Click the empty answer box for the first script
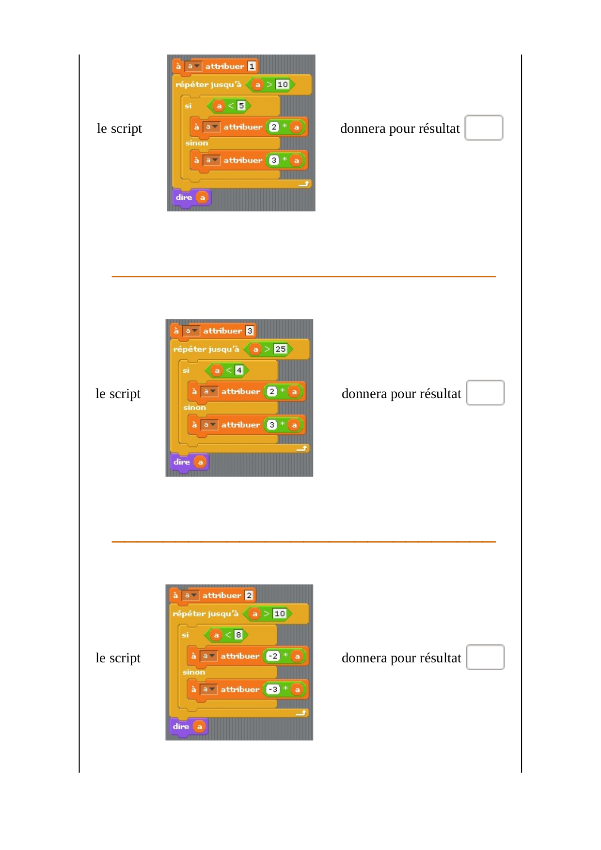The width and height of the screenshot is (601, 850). coord(484,128)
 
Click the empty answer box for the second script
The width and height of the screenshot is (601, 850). coord(485,393)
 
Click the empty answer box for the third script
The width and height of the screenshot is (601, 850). coord(485,658)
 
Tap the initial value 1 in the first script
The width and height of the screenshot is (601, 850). coord(252,66)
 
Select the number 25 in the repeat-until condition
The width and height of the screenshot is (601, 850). coord(280,349)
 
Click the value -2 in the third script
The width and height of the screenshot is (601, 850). coord(273,656)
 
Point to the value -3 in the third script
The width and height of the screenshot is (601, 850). coord(273,690)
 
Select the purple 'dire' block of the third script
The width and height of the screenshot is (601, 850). coord(189,727)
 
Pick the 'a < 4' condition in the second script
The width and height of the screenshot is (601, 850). coord(227,370)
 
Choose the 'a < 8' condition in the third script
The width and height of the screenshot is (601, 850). coord(226,635)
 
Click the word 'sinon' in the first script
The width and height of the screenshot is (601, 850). coord(197,143)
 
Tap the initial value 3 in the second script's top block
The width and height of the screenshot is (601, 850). coord(250,331)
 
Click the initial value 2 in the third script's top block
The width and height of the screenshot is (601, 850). coord(249,595)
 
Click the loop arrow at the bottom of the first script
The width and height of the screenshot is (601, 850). coord(304,184)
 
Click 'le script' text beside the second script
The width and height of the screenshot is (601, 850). coord(118,394)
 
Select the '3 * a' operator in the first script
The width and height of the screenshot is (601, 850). coord(285,160)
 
